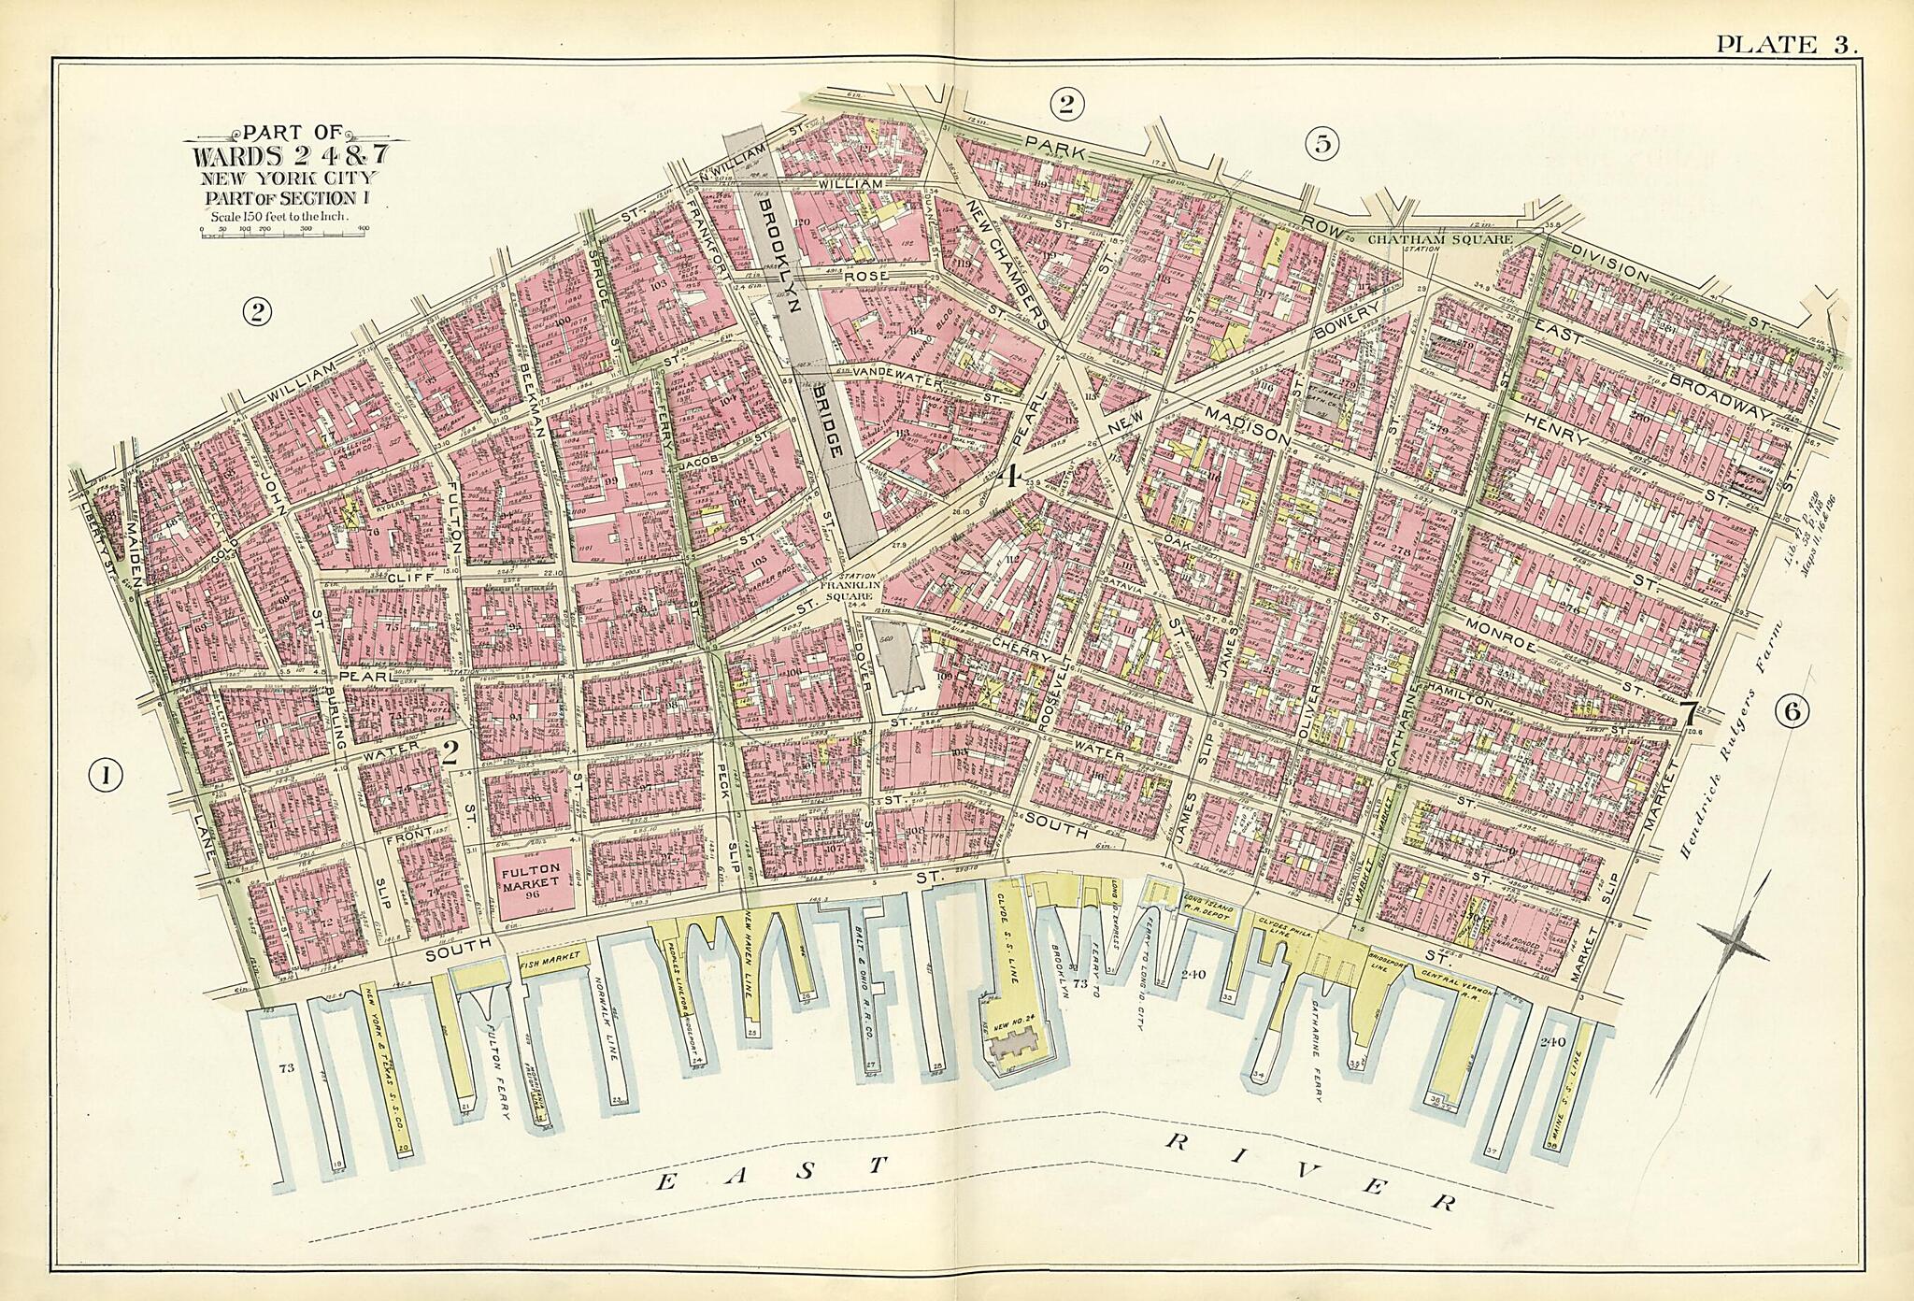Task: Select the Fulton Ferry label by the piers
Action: tap(502, 1071)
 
